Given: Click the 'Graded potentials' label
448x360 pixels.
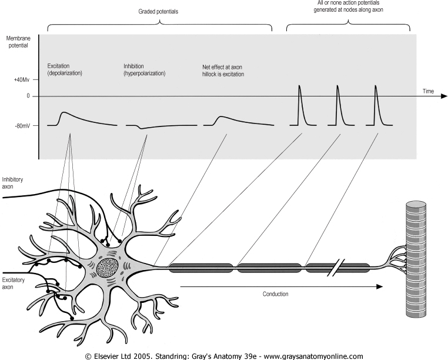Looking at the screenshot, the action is click(158, 11).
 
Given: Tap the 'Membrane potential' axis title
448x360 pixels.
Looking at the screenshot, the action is click(18, 42).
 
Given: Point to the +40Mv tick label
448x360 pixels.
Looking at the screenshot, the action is click(22, 79).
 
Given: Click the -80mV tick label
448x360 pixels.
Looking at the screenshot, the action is click(22, 125).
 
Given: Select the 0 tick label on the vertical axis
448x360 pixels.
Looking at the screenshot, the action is click(28, 96).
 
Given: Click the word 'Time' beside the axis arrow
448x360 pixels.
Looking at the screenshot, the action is click(428, 91).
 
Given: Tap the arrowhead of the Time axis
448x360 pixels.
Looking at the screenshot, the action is click(444, 96).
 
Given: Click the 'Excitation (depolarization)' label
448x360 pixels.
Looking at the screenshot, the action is click(65, 69).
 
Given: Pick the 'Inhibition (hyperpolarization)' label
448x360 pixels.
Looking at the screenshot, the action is click(144, 70).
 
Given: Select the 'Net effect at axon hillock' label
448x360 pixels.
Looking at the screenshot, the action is click(223, 71).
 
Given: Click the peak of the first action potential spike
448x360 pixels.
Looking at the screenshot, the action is click(299, 85).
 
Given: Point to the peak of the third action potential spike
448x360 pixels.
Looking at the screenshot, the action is click(376, 85).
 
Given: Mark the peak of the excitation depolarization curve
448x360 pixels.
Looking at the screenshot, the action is click(63, 112).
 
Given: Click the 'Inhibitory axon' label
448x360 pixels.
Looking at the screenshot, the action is click(12, 183).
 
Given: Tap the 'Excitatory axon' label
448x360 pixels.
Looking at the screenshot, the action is click(13, 284).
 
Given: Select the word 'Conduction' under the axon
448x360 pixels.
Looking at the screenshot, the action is click(275, 294).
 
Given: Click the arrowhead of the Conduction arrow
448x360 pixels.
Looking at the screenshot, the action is click(379, 286).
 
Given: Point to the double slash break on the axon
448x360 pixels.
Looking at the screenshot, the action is click(336, 268).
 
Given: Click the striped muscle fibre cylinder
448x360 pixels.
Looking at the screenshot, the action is click(416, 259).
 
